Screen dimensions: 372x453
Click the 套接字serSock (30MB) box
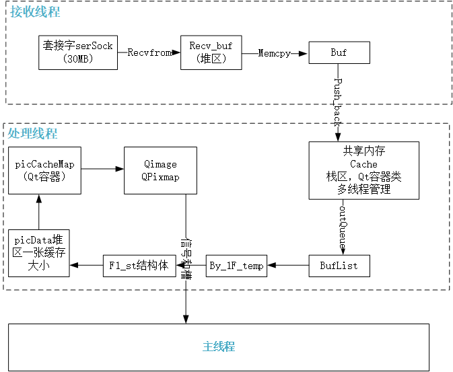pyautogui.click(x=77, y=52)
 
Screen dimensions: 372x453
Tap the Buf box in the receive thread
pyautogui.click(x=338, y=52)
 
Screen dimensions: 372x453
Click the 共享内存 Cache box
pyautogui.click(x=363, y=170)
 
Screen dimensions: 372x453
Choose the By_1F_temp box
pyautogui.click(x=236, y=266)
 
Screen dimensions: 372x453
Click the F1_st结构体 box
pyautogui.click(x=139, y=266)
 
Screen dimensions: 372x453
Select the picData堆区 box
pyautogui.click(x=39, y=253)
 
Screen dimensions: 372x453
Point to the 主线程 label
pyautogui.click(x=218, y=347)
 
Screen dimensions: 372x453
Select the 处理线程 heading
pyautogui.click(x=33, y=133)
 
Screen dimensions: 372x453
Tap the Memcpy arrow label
pyautogui.click(x=274, y=53)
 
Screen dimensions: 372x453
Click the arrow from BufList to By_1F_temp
pyautogui.click(x=288, y=266)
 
